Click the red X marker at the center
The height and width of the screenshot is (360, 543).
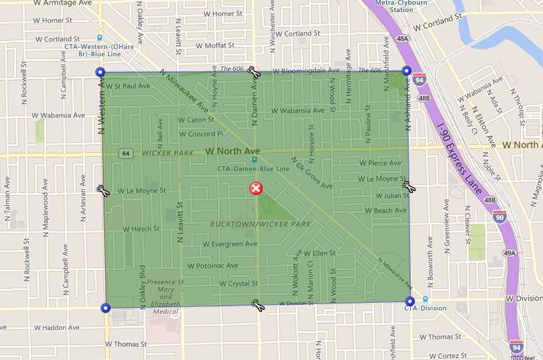pos(256,188)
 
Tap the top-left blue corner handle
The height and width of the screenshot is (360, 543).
pos(101,72)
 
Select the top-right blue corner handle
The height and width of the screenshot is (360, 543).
pos(406,70)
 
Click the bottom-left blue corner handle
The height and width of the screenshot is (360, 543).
pos(105,308)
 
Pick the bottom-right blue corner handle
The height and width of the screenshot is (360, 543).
pos(410,302)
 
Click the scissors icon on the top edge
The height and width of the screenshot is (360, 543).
pos(253,72)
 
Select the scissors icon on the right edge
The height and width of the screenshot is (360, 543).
pos(408,186)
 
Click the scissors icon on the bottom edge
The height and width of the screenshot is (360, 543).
pos(257,305)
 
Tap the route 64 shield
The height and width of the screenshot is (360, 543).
pos(125,154)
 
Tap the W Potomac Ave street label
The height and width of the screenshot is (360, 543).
pos(213,265)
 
